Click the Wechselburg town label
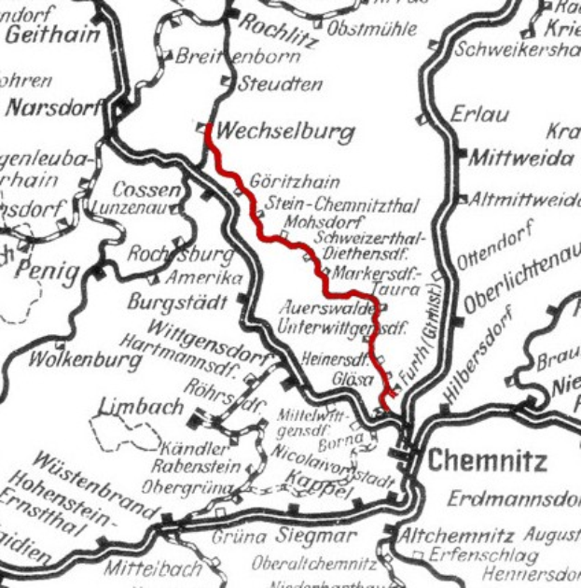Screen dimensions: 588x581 290,132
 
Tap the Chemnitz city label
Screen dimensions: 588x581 488,460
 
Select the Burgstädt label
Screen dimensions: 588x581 177,303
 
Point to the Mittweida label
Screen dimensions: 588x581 521,159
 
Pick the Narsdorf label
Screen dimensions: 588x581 53,108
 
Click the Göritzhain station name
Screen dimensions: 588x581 294,182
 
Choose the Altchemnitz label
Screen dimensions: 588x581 455,537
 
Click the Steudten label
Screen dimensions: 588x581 281,84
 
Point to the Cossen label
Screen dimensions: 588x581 138,189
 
